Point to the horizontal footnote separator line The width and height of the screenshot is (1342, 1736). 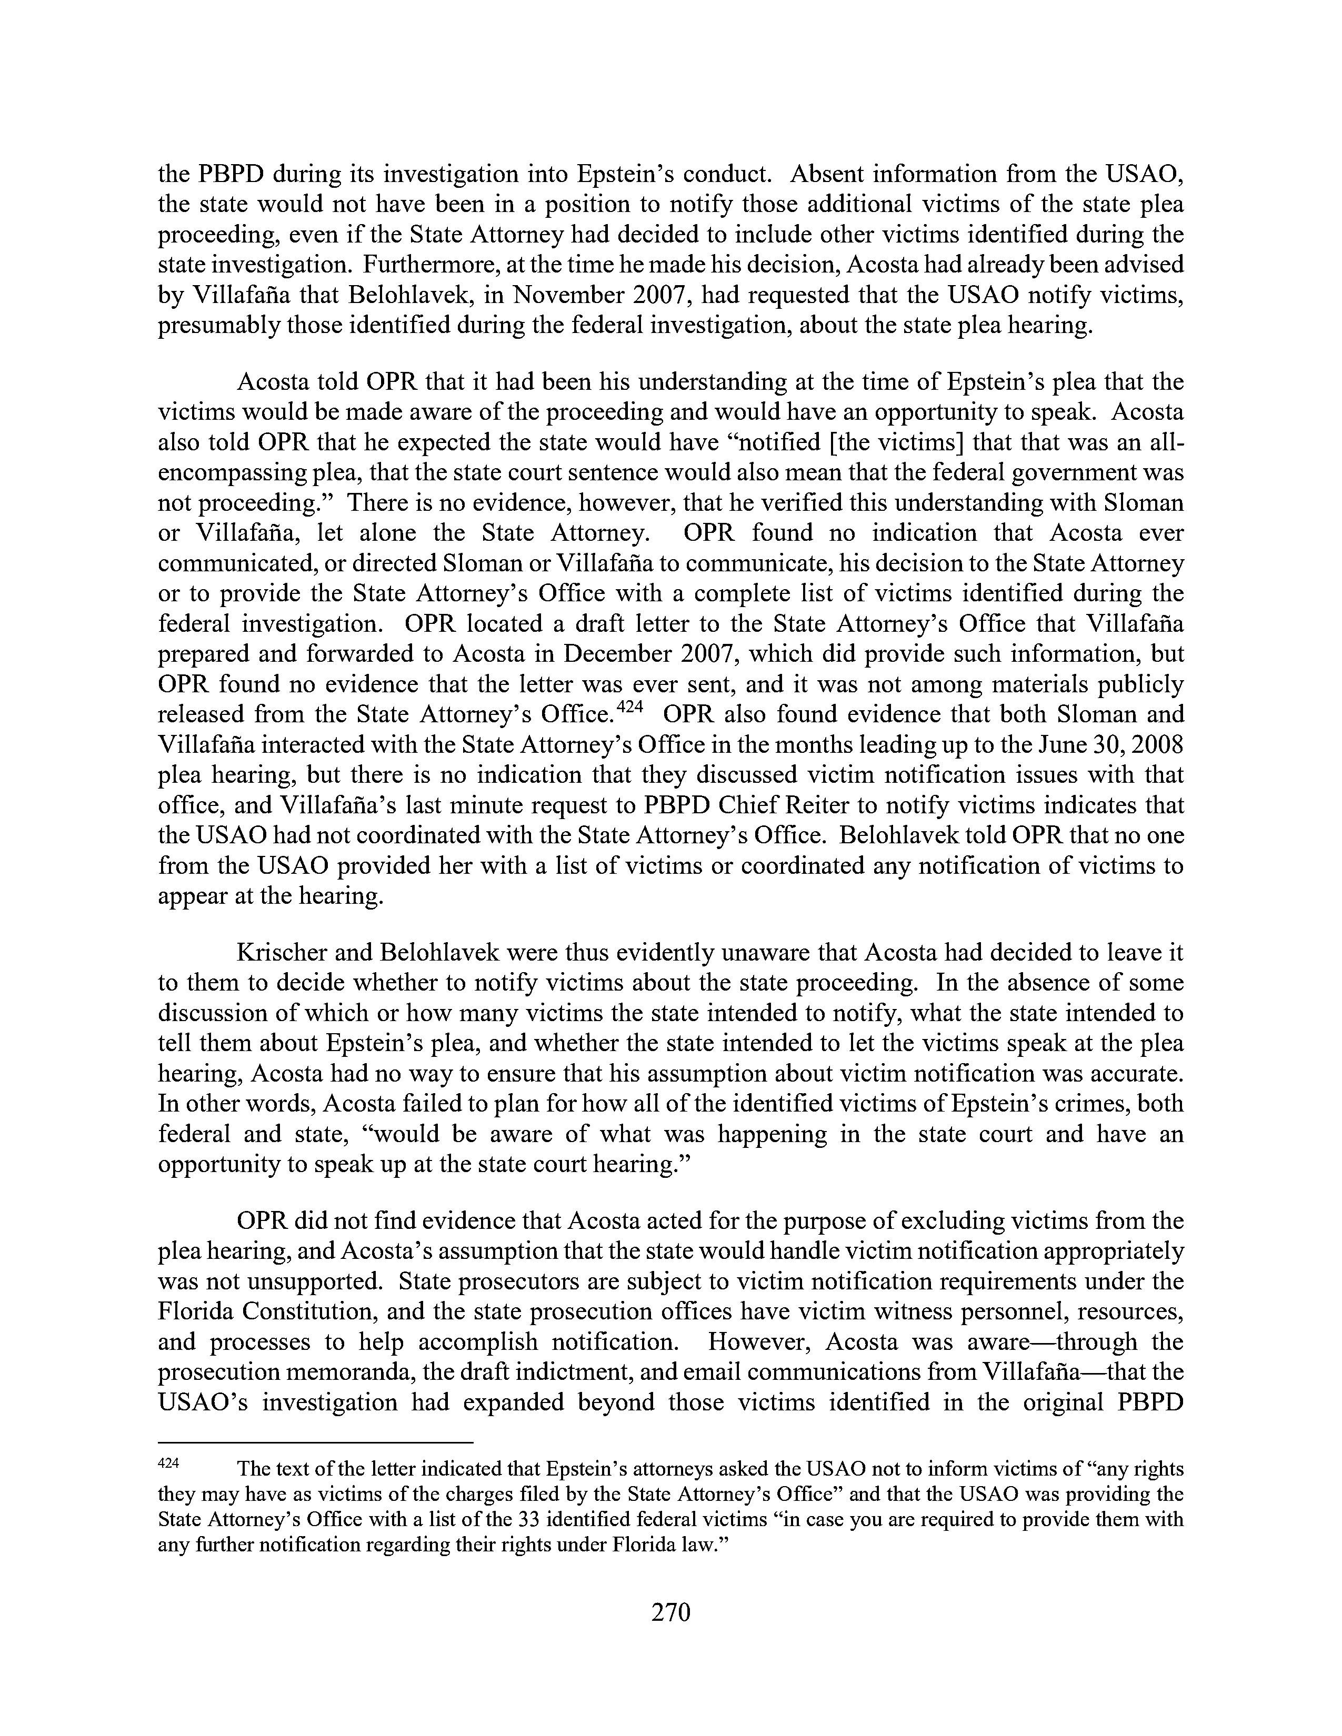316,1441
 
